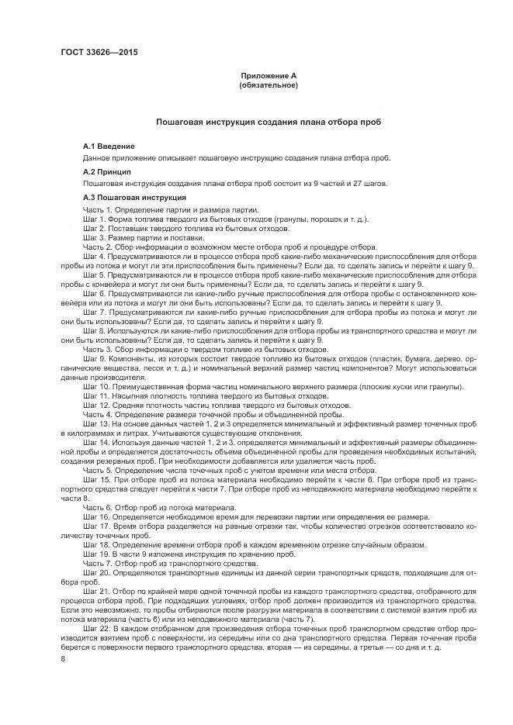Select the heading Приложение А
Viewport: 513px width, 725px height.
(x=269, y=75)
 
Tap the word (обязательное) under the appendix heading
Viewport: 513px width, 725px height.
(x=269, y=85)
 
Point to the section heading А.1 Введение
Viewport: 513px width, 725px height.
(x=109, y=146)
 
